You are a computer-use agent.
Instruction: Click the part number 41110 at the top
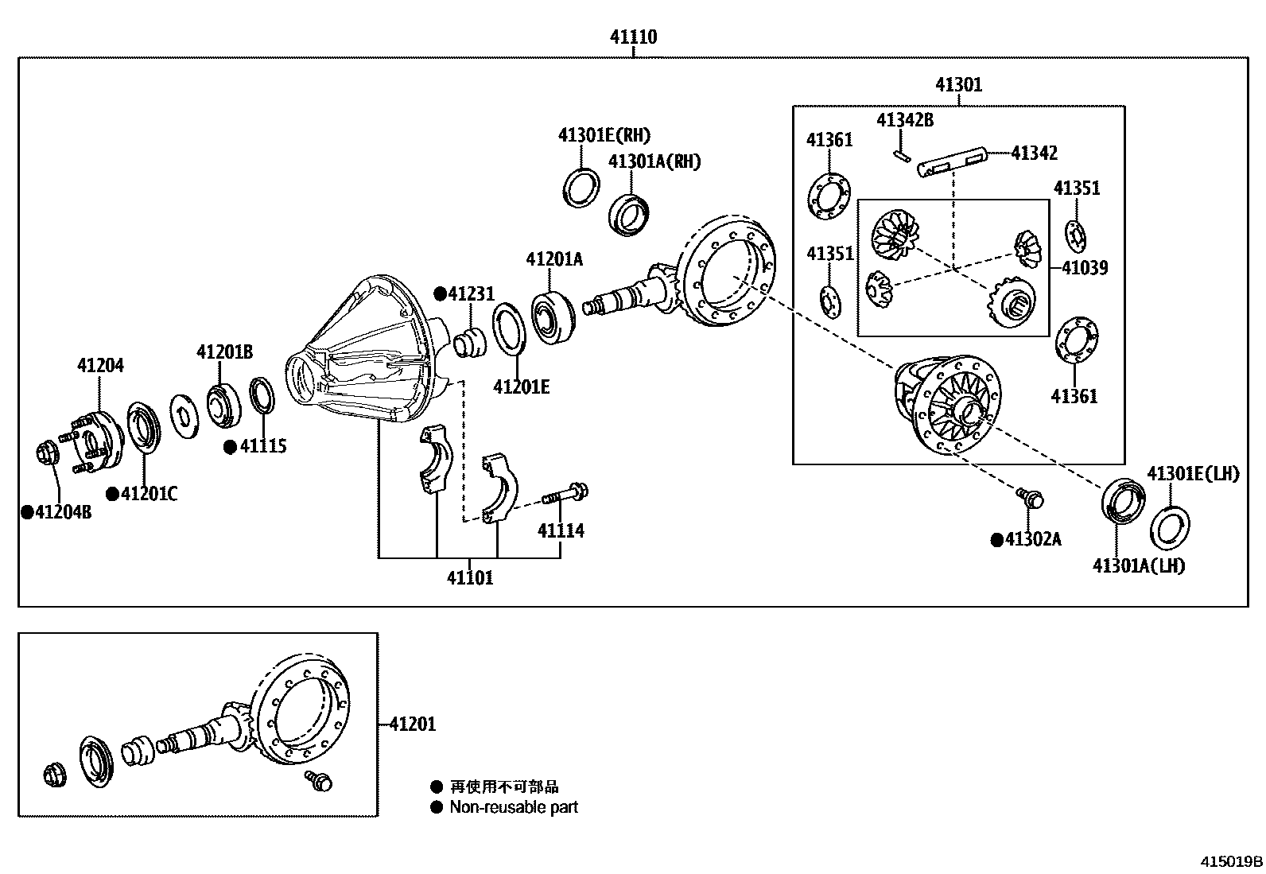click(633, 37)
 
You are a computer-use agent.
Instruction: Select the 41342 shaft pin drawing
click(953, 162)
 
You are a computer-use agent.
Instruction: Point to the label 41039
click(1085, 267)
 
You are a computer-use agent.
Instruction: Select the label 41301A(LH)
click(1138, 565)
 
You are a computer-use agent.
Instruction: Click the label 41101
click(469, 578)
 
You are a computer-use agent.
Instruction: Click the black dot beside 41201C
click(112, 494)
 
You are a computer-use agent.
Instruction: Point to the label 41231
click(471, 293)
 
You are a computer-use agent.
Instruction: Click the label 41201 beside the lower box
click(413, 724)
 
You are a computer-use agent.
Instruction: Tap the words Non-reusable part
click(513, 807)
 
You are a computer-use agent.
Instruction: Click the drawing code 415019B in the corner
click(1231, 861)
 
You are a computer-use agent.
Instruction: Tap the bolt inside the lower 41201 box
click(318, 780)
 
